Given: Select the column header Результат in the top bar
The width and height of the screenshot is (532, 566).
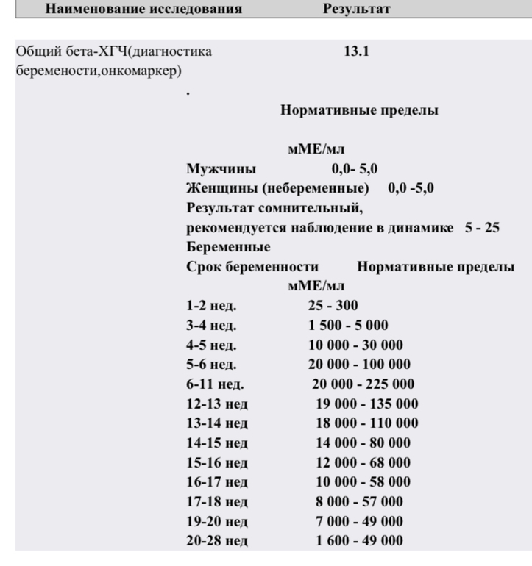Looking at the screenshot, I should tap(355, 10).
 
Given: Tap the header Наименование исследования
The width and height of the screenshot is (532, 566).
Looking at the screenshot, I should tap(144, 10).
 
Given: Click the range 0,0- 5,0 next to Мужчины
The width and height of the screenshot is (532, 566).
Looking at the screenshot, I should tap(355, 170).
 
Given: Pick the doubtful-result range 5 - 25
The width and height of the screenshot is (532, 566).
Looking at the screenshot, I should tap(482, 228).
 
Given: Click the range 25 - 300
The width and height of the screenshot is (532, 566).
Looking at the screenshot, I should tap(333, 306).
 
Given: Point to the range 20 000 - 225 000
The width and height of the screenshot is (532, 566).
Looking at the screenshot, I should tap(363, 384).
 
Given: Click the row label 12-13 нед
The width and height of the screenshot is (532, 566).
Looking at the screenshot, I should tap(217, 404).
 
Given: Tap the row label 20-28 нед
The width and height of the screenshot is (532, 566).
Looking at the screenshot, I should tap(217, 541).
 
